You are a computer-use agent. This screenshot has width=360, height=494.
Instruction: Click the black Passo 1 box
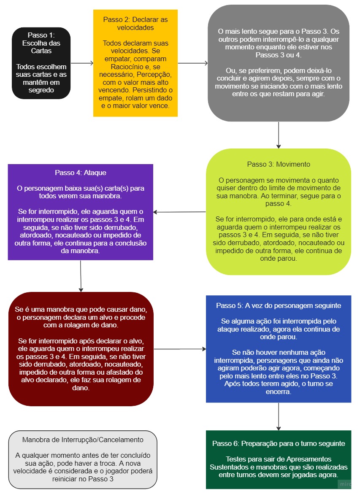click(41, 63)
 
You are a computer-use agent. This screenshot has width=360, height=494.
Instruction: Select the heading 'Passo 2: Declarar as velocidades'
click(135, 24)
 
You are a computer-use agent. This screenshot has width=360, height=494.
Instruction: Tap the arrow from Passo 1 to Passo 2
click(82, 63)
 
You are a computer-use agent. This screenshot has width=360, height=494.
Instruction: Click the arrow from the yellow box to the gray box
click(193, 63)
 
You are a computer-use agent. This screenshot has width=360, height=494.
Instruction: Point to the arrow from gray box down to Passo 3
click(279, 135)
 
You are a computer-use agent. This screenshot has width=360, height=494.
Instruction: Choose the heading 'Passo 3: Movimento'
click(279, 164)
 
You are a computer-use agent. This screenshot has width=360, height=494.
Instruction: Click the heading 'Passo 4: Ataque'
click(80, 173)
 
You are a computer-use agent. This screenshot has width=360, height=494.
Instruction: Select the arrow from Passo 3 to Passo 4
click(180, 212)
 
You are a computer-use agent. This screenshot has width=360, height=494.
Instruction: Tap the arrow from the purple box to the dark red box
click(81, 276)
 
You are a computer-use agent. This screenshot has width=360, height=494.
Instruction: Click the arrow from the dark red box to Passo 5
click(180, 349)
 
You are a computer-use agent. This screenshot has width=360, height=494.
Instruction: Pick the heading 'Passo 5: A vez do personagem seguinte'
click(279, 305)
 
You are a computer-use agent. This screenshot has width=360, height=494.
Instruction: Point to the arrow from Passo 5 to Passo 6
click(279, 416)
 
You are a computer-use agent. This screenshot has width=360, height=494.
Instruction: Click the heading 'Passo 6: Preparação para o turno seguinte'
click(279, 444)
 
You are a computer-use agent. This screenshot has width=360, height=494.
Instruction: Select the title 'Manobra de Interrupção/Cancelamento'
click(83, 440)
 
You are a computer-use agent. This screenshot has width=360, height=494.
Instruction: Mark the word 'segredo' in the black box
click(41, 90)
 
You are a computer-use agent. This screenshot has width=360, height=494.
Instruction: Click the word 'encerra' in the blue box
click(278, 392)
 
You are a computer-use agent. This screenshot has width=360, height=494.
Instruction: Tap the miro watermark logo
click(345, 483)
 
